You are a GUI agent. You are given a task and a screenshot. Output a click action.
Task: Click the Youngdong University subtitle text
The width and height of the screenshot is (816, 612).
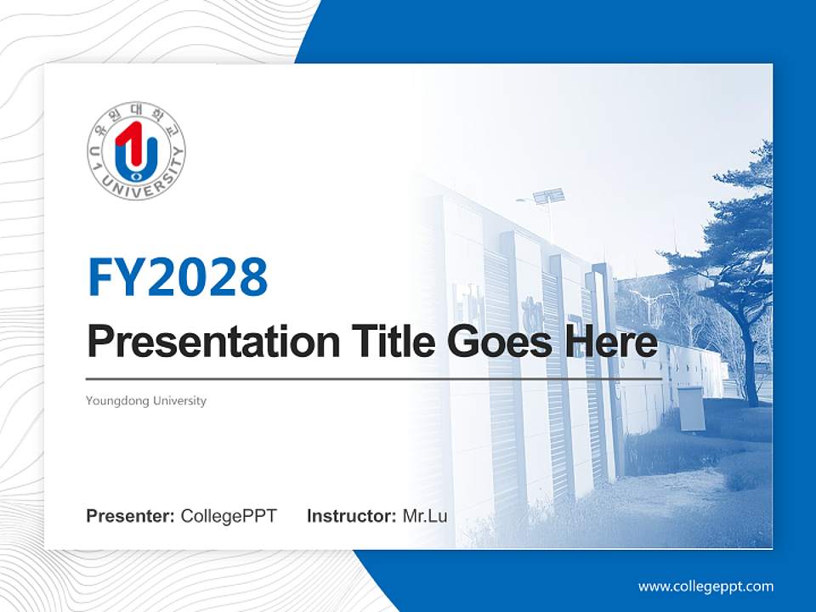click(x=146, y=400)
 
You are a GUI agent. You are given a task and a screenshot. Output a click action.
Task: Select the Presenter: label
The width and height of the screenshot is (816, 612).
click(x=131, y=516)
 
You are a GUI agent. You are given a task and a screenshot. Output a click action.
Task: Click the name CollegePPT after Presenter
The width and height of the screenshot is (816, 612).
click(x=229, y=516)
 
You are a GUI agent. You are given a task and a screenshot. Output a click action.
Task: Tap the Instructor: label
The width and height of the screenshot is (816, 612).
click(x=351, y=516)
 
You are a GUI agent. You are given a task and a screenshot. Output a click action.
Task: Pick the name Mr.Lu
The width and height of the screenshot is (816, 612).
click(x=424, y=516)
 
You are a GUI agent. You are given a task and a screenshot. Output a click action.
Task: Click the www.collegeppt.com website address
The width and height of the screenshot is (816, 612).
click(x=705, y=586)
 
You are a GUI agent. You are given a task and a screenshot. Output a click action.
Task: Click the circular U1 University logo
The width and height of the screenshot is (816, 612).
click(x=136, y=151)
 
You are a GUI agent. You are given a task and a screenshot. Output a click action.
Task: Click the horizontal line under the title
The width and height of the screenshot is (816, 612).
click(x=374, y=379)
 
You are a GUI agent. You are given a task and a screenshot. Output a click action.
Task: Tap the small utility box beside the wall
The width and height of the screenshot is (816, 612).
click(x=689, y=408)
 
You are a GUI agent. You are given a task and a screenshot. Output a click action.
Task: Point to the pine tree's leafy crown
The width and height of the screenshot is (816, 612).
click(x=731, y=238)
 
